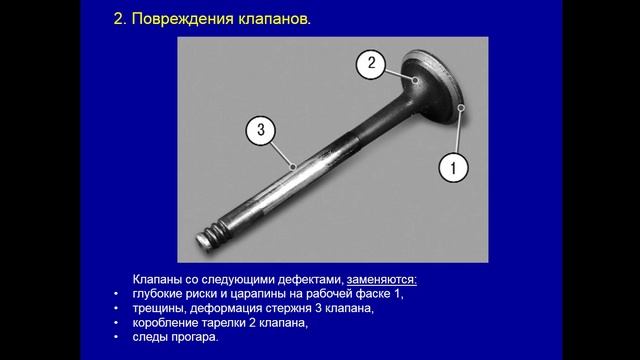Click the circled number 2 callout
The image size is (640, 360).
[x=371, y=64]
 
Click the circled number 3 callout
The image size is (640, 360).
[x=260, y=130]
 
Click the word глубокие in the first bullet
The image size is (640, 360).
[x=160, y=295]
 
